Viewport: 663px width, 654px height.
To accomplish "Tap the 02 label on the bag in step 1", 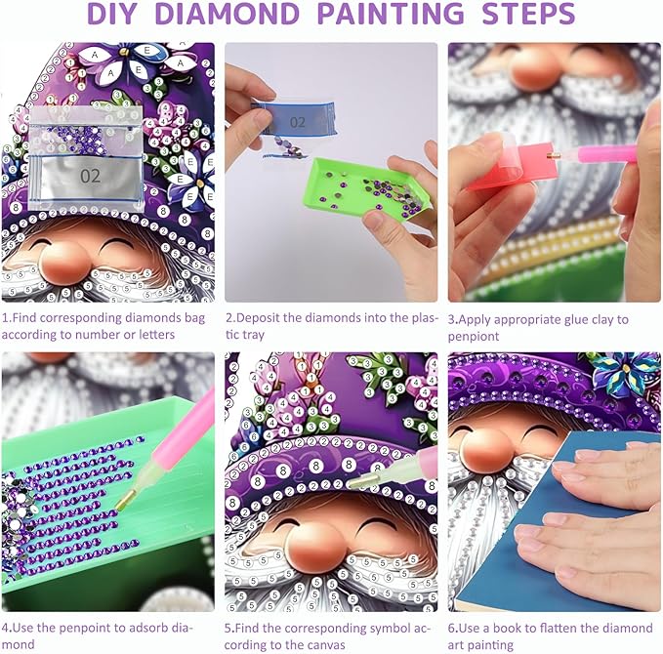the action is click(x=90, y=176).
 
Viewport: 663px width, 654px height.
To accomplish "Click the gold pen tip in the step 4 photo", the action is click(x=126, y=498).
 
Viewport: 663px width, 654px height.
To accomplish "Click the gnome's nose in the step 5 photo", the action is click(x=314, y=546).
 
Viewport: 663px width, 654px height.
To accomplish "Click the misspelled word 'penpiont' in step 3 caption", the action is click(x=474, y=337).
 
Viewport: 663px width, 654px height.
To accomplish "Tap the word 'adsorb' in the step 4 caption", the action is click(x=141, y=628).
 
